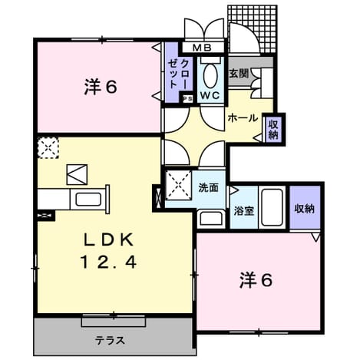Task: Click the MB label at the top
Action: (202, 48)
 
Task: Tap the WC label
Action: (210, 95)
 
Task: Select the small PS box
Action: (187, 99)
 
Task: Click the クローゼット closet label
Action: (179, 74)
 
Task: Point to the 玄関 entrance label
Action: (239, 74)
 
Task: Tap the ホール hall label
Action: (243, 118)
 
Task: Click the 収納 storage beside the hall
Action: (273, 130)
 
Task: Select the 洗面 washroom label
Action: (209, 188)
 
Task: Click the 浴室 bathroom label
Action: (244, 211)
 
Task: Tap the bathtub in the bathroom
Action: (272, 207)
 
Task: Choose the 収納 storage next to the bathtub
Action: (304, 209)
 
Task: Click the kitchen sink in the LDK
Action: (88, 200)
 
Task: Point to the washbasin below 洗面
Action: (211, 218)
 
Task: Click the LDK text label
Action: (109, 240)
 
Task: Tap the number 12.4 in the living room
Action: (108, 263)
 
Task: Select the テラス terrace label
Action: (111, 341)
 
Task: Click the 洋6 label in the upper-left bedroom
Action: (101, 87)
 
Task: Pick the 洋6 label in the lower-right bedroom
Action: (256, 280)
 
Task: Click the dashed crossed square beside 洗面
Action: (179, 185)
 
